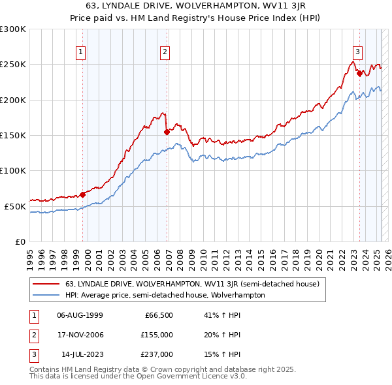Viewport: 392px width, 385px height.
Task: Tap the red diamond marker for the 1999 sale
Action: click(x=83, y=194)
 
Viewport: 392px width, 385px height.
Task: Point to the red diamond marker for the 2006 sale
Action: click(x=167, y=131)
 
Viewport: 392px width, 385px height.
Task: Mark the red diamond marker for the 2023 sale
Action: click(x=360, y=73)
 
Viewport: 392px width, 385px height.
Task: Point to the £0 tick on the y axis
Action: click(x=20, y=241)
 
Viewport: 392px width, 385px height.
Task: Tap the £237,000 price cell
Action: click(x=157, y=354)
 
